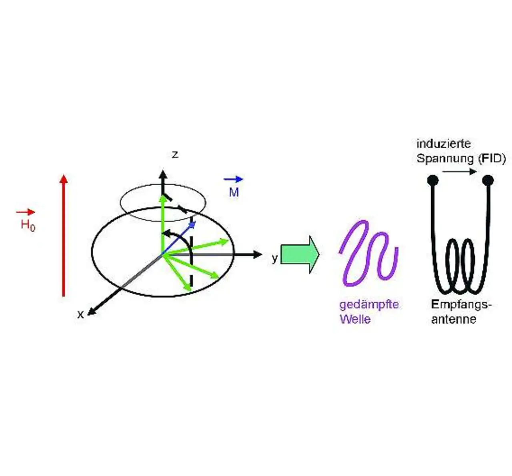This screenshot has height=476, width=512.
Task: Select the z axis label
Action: coord(175,154)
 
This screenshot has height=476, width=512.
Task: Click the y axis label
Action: coord(274,258)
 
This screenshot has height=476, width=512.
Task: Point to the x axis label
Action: coord(80,315)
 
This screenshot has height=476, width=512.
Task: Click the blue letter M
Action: coord(234,192)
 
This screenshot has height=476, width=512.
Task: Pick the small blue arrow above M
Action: coord(234,180)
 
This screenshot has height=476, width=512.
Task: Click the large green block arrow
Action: coord(300,254)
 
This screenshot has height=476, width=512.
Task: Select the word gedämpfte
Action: coord(369,304)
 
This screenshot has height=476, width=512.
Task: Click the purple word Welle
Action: coord(355,319)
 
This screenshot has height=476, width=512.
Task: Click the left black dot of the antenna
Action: coord(432,180)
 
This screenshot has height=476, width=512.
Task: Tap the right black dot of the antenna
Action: coord(488,180)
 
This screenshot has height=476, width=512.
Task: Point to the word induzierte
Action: coord(444,144)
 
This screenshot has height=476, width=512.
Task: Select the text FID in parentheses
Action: coord(492,158)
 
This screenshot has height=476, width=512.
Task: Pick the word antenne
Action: coord(454,319)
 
